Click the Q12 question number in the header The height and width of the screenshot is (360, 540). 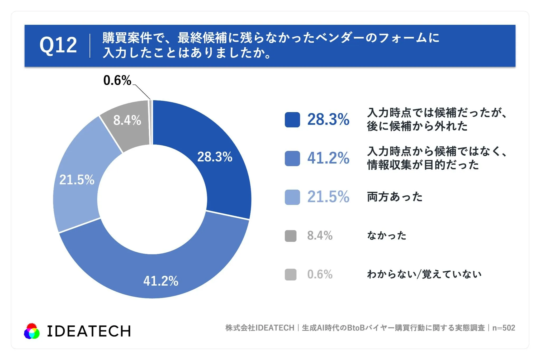coord(58,45)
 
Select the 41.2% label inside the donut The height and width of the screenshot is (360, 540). coord(161,281)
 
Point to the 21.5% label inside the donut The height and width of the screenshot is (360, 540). coord(77,180)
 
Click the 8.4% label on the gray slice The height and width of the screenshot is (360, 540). coord(127,120)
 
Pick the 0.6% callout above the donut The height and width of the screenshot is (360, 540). coord(117,80)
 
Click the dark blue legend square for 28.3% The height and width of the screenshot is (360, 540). coord(292,120)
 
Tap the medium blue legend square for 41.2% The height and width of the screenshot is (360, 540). coord(292,159)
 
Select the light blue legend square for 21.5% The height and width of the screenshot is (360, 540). coord(292,197)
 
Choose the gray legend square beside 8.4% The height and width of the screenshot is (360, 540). coord(291,236)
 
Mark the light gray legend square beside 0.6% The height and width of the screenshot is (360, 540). coord(291,275)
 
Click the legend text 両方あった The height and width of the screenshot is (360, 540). coord(395,197)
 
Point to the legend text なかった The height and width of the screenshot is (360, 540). coord(387,236)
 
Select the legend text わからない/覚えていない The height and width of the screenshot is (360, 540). coord(424,274)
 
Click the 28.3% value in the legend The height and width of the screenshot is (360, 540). coord(328,119)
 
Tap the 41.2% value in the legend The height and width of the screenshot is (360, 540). coord(328,158)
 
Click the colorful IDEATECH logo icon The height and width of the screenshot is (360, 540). coord(32,331)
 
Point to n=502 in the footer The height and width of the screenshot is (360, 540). coord(504,328)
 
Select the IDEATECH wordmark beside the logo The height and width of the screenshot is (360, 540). coord(89,331)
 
